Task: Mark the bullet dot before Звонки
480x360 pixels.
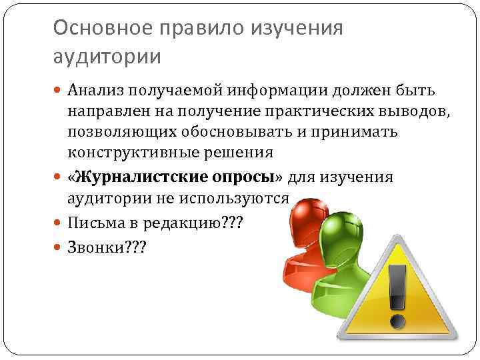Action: pos(60,247)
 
